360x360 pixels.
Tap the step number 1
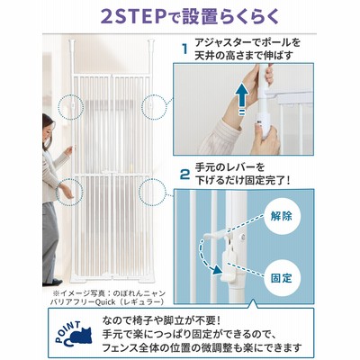(x=185, y=49)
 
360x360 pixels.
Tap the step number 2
(x=185, y=174)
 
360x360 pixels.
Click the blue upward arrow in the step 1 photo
(x=240, y=97)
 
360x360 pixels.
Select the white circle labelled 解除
(x=281, y=216)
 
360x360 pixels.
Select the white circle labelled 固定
(x=281, y=277)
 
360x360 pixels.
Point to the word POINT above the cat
(x=68, y=329)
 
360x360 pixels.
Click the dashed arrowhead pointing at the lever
(x=217, y=270)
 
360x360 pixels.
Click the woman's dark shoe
(x=51, y=283)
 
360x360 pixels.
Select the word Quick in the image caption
(x=104, y=301)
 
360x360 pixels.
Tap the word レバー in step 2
(x=243, y=167)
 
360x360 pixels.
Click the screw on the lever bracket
(x=243, y=237)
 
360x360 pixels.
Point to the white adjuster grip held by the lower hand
(x=265, y=123)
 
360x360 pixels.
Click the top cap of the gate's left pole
(x=72, y=41)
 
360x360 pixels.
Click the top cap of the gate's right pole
(x=150, y=41)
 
